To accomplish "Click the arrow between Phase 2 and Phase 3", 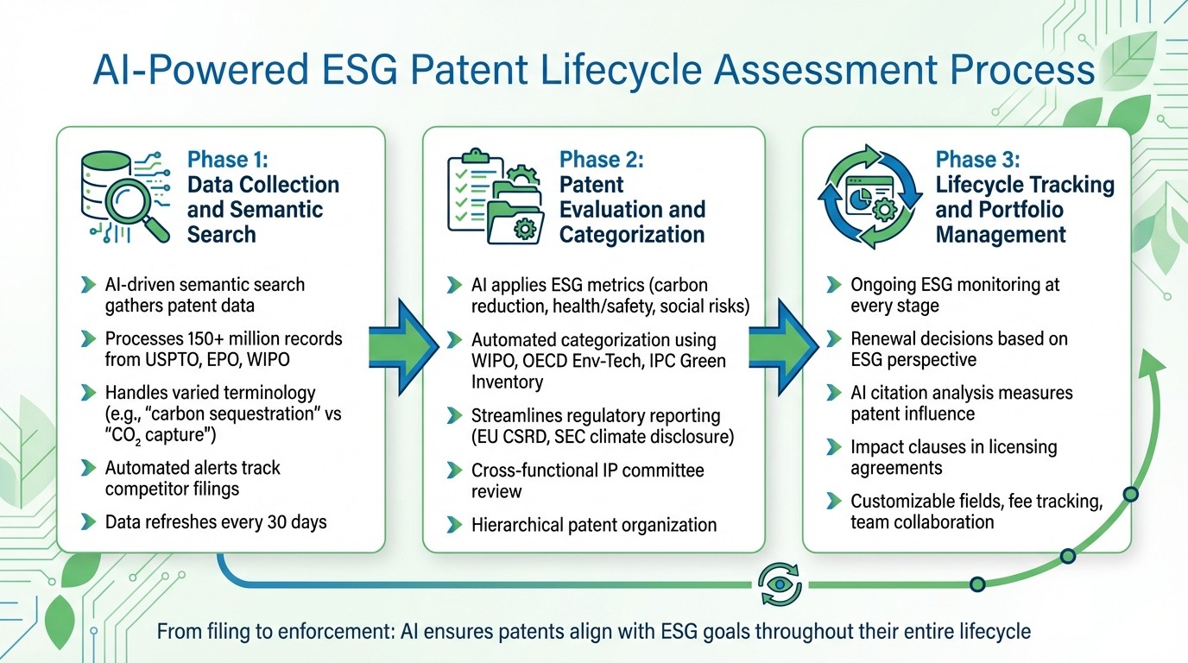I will coord(784,343).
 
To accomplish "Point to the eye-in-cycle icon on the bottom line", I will coord(780,584).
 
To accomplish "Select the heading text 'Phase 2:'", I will coord(602,160).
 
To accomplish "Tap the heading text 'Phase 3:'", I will coord(977,160).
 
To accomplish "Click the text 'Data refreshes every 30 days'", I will coord(216,521).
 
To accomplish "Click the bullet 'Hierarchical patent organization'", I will coord(593,524).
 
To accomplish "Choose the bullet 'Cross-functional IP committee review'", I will coord(587,481).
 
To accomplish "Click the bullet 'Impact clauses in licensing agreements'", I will coord(953,458).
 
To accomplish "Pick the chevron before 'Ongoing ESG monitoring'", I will coord(833,285).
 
